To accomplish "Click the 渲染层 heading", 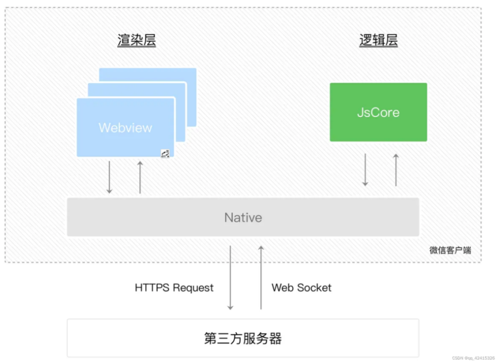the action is tap(136, 40).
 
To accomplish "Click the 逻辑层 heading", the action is tap(378, 40).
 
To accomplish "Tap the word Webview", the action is tap(126, 128).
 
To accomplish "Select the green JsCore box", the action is tap(378, 112).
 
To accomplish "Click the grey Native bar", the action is tap(243, 217).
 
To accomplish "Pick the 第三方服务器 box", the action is tap(243, 338).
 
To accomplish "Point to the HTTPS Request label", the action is tap(174, 288).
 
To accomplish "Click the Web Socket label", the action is tap(301, 288).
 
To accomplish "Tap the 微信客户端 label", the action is tap(450, 251).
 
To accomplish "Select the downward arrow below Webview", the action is tap(109, 177).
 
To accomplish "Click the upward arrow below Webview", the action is tap(140, 177).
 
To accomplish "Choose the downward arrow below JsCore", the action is tap(365, 170).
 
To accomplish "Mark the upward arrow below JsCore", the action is tap(396, 170).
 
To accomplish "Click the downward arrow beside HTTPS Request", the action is tap(230, 278).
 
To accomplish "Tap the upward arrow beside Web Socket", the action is tap(261, 278).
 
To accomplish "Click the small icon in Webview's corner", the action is tap(165, 154).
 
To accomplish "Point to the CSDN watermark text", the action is tap(473, 358).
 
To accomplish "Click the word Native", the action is tap(243, 217).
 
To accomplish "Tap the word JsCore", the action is tap(378, 112).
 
